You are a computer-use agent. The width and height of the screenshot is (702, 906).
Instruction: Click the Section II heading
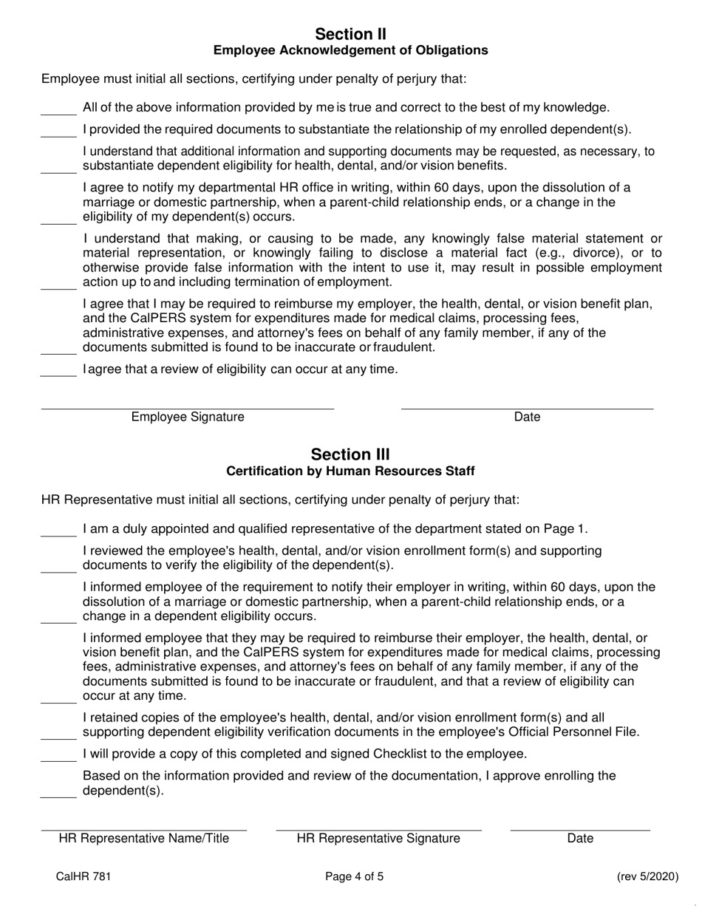[x=350, y=34]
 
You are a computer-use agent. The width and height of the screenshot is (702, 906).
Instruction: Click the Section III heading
[x=350, y=454]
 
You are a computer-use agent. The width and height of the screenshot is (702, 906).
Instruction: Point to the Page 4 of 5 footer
[x=355, y=877]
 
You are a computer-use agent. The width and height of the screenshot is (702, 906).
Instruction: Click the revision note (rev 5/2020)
[x=647, y=877]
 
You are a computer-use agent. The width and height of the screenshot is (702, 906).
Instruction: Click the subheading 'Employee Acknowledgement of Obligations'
[x=350, y=50]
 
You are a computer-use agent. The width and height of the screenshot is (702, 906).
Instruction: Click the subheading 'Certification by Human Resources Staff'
[x=350, y=471]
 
